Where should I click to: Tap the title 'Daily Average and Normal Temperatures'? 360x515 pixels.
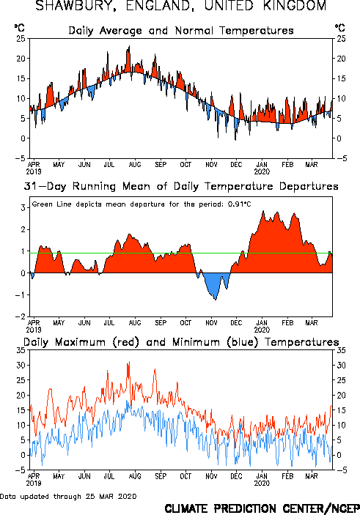(181, 31)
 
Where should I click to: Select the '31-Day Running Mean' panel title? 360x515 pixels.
(181, 186)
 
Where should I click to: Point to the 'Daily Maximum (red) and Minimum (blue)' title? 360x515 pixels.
(181, 342)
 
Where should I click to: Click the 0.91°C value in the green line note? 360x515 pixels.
(239, 204)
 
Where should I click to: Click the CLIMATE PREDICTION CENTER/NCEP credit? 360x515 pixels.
(262, 508)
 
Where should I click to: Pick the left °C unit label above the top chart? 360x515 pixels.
(19, 28)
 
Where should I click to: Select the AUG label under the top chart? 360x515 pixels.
(135, 164)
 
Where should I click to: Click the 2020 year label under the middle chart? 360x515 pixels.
(262, 330)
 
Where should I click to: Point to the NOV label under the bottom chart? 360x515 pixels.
(211, 476)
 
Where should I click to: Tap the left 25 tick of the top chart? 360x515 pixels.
(21, 39)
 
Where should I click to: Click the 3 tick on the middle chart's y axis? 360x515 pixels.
(23, 207)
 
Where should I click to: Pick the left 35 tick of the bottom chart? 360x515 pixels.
(21, 350)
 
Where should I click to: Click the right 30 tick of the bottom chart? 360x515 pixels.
(341, 366)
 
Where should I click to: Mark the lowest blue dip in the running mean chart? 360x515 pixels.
(216, 300)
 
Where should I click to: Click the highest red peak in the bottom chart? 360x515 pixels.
(129, 362)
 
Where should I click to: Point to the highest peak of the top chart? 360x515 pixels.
(129, 46)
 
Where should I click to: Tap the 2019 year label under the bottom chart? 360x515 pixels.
(34, 483)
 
